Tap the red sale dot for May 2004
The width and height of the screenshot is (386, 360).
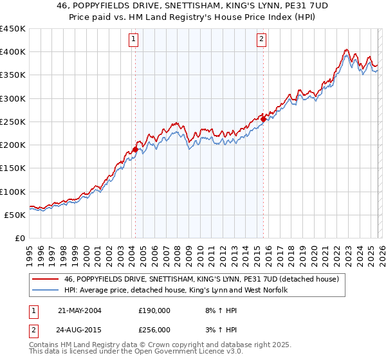point(135,149)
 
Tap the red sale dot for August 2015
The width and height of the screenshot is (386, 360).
point(263,118)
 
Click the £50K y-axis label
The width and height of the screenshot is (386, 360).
point(14,215)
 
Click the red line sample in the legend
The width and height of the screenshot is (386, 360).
point(46,279)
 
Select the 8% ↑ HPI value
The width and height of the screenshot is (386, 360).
point(216,310)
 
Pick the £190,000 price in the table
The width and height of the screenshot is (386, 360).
point(154,310)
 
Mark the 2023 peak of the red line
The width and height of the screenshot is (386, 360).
point(347,50)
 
